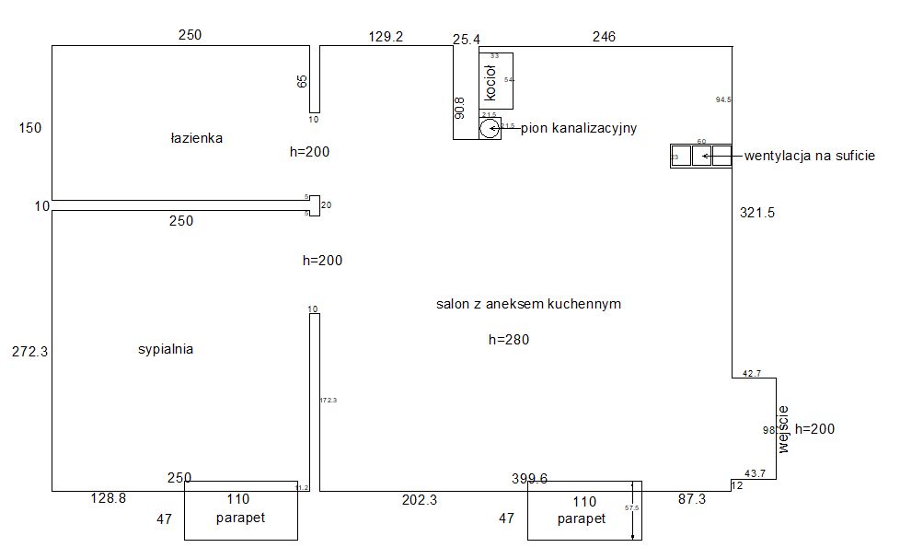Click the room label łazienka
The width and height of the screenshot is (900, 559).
pos(196,138)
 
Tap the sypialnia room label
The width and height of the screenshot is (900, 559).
pos(166,350)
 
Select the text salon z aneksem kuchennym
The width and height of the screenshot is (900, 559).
pos(528,304)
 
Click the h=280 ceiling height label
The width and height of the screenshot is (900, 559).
pos(509,340)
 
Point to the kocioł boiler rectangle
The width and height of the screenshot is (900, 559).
pos(495,81)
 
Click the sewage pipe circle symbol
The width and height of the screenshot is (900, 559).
pos(489,128)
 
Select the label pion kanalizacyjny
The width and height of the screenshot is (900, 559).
pos(579,128)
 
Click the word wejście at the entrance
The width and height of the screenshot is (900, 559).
pos(784,429)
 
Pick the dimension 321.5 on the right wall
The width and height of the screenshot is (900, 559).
pos(757,213)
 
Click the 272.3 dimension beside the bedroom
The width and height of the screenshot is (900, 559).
pos(29,350)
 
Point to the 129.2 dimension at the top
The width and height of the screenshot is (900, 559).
pos(386,37)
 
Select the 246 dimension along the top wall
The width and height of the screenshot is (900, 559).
pos(604,37)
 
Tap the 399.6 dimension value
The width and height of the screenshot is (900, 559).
pos(530,478)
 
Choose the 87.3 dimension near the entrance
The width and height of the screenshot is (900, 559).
pos(691,498)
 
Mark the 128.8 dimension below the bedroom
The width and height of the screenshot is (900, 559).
pos(108,498)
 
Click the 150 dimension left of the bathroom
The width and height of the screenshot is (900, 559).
pos(29,128)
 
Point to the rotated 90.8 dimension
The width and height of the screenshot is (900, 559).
pos(460,110)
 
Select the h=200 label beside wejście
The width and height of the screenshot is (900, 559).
pos(815,429)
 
